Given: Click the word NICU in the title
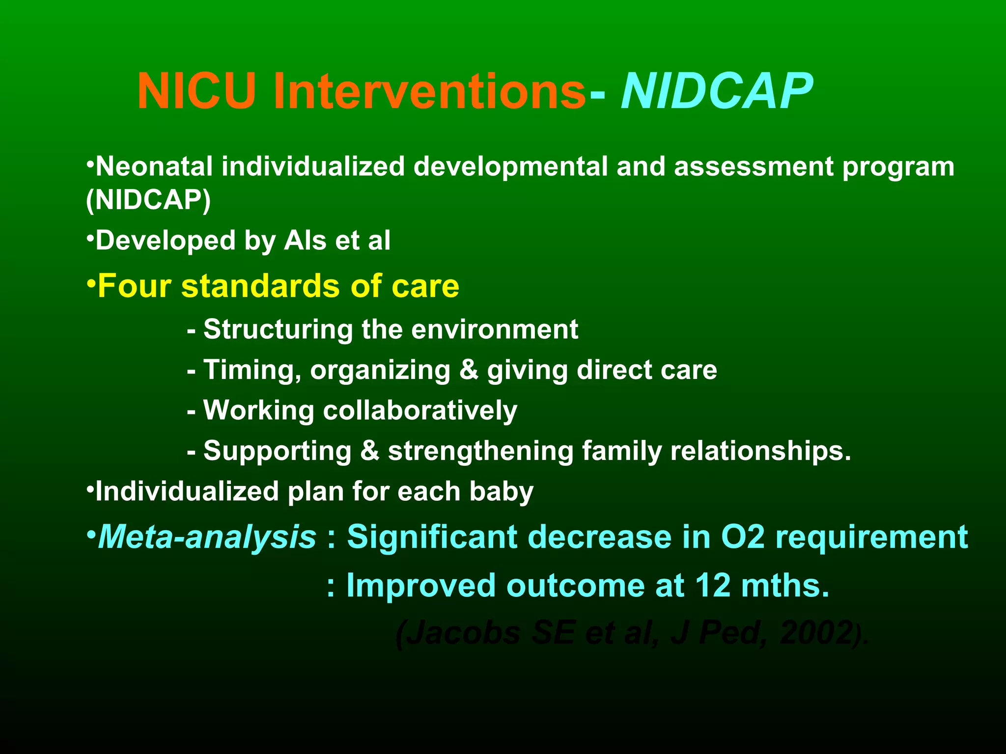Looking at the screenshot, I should (196, 91).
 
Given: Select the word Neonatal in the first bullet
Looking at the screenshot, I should (154, 167).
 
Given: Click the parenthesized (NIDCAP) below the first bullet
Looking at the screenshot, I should (148, 200).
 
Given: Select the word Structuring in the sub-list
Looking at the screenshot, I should (278, 329).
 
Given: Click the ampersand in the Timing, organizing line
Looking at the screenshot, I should (469, 370).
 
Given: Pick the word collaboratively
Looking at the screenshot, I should (420, 410).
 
